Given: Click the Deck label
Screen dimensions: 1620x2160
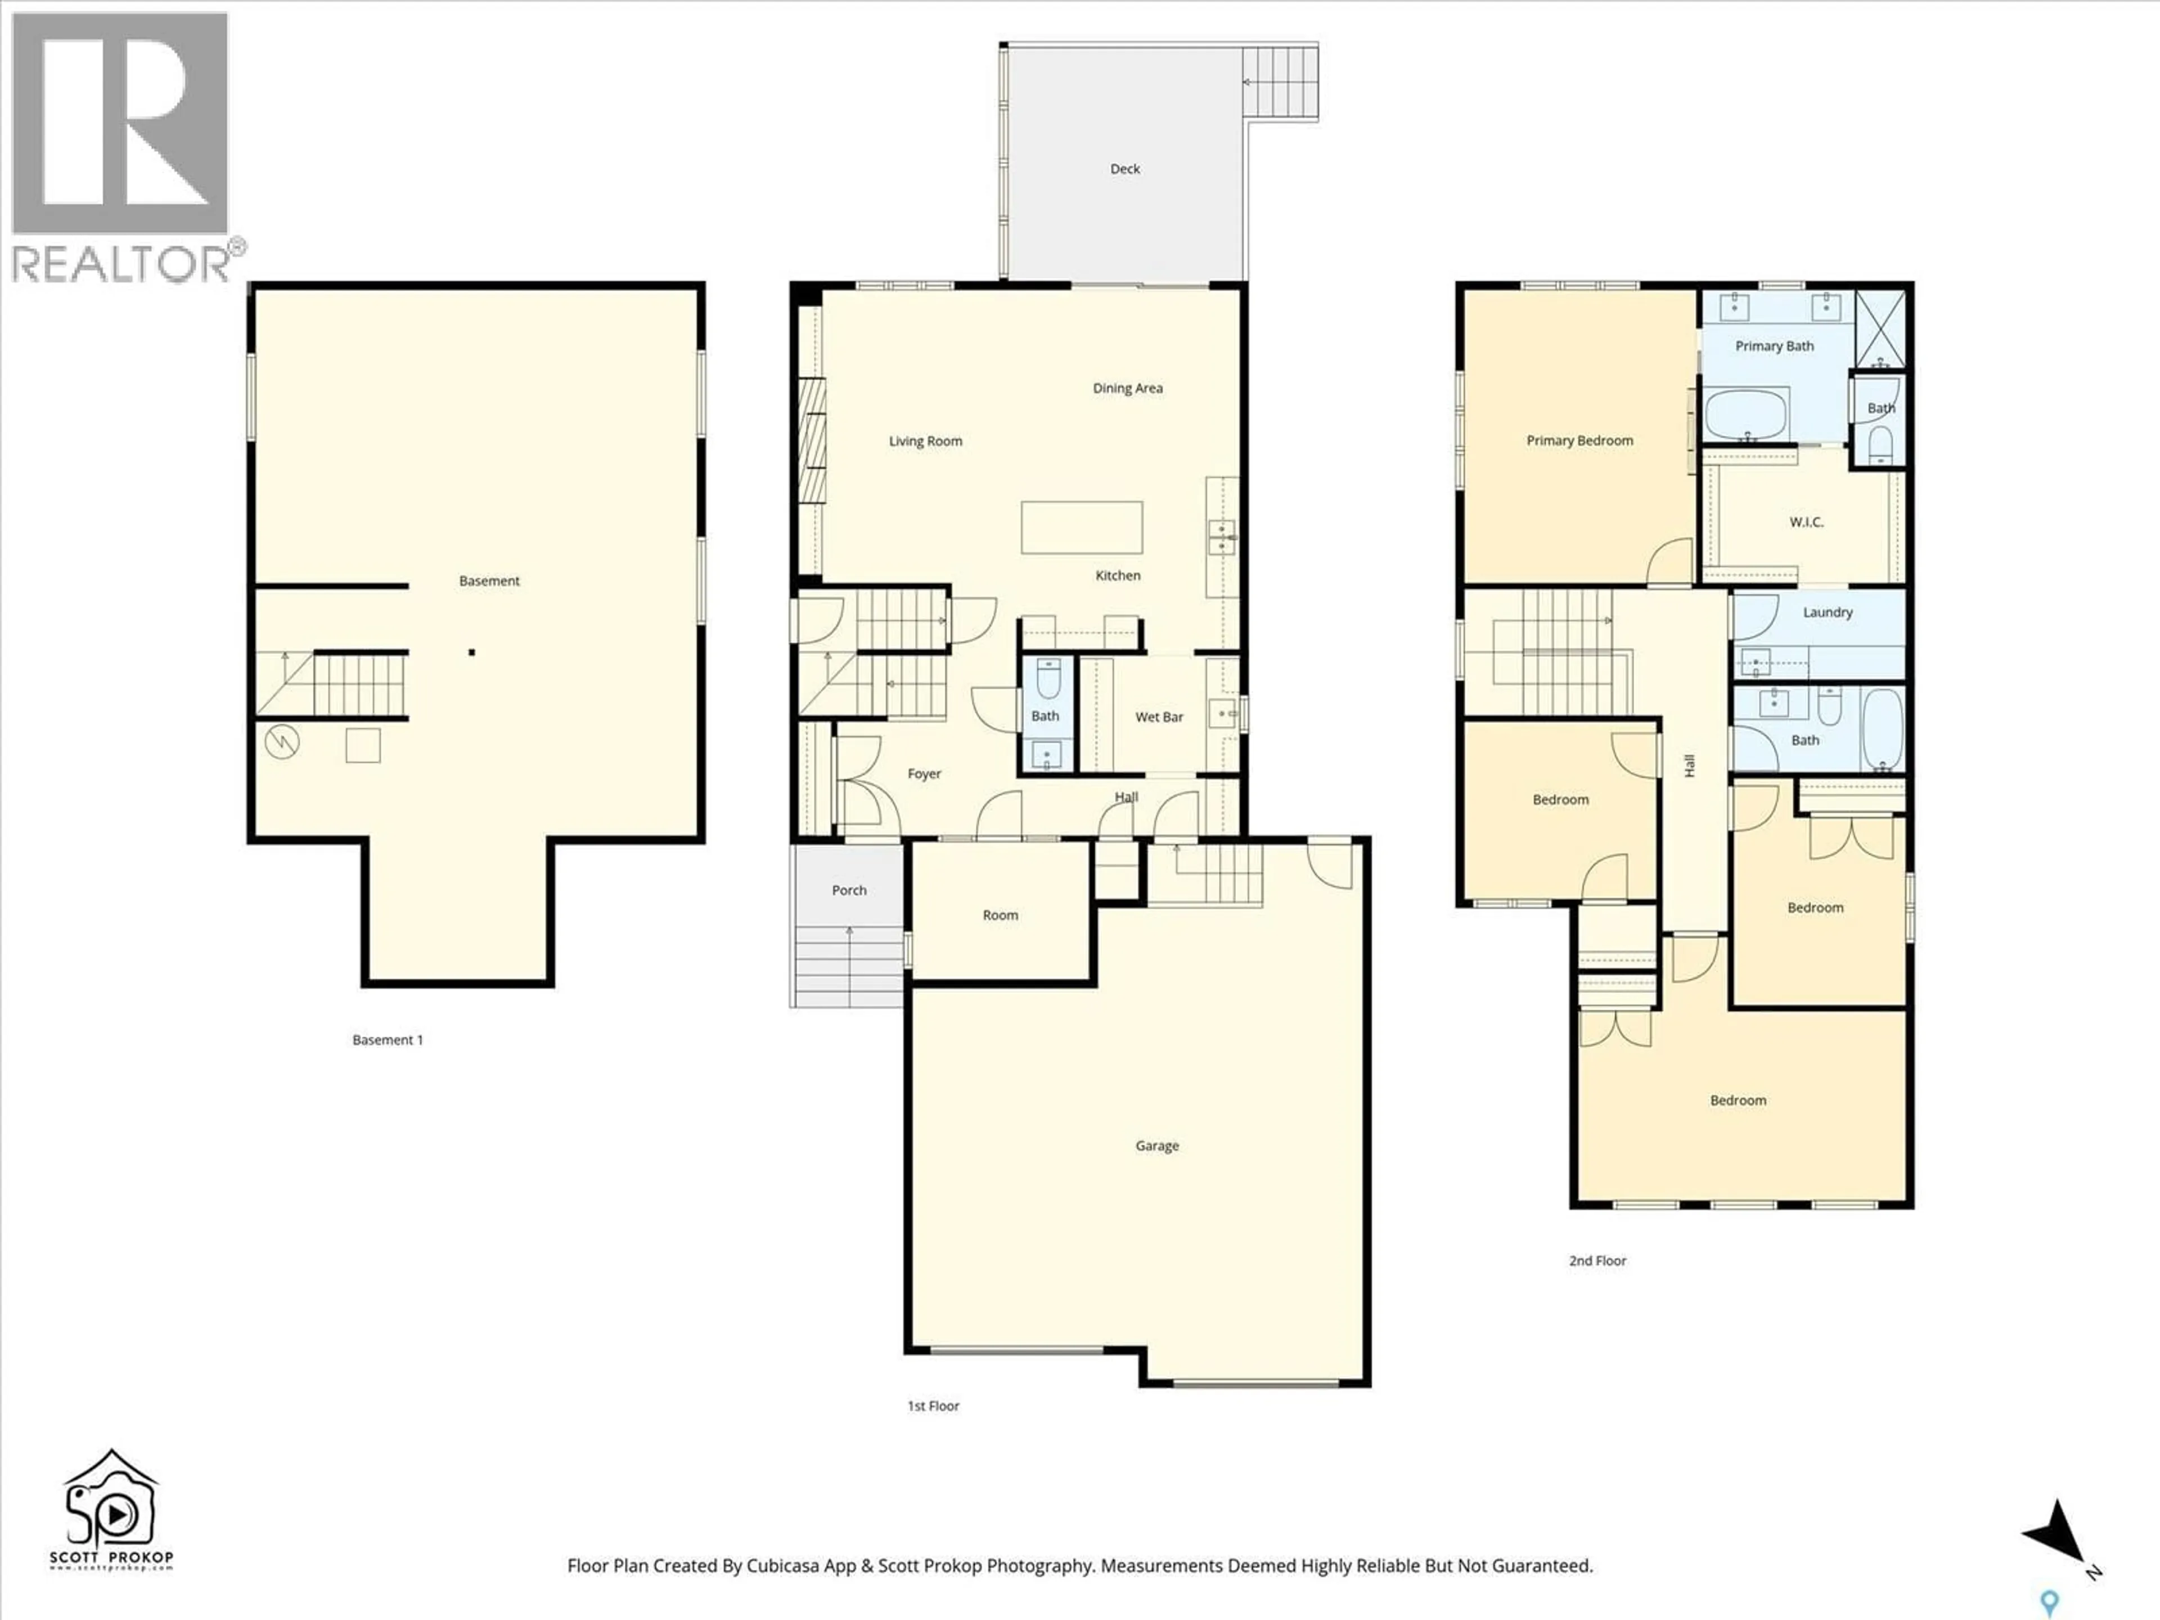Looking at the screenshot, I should tap(1125, 169).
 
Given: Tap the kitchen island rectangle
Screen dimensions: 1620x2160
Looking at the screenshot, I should tap(1081, 527).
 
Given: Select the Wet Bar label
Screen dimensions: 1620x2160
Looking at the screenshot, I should tap(1159, 717).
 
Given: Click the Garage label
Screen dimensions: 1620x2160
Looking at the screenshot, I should tap(1157, 1145).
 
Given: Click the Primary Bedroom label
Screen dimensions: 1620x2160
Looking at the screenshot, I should tap(1579, 440).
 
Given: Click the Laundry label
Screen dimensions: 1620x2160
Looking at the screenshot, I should tap(1827, 612).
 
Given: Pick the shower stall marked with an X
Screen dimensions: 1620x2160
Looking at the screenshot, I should tap(1880, 328).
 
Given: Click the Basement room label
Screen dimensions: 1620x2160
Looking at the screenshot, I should tap(489, 581).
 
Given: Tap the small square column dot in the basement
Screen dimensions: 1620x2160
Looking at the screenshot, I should tap(471, 652).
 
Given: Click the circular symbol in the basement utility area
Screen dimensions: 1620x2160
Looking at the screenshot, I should tap(282, 742).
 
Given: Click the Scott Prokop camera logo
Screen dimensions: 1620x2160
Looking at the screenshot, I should tap(111, 1509).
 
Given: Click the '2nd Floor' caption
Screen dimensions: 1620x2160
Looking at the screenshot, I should tap(1597, 1261).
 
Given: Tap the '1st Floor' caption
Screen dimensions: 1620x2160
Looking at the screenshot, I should tap(934, 1406).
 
